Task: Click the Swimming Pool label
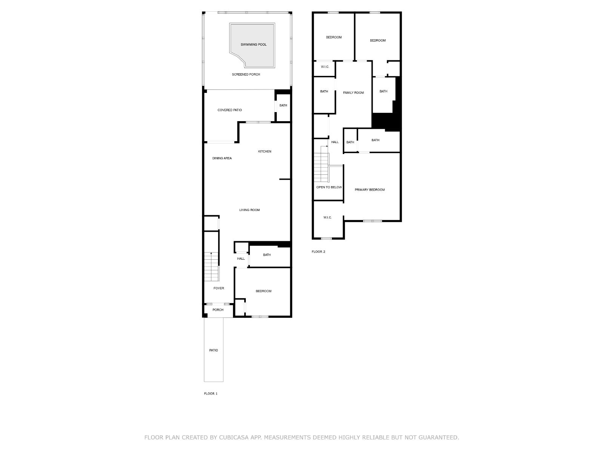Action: pos(253,45)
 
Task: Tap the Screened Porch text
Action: pos(246,74)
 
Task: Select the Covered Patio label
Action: pos(230,110)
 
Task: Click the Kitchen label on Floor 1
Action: pos(265,151)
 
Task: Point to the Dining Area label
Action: pos(222,158)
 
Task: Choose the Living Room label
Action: pos(250,210)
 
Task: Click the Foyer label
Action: pos(219,288)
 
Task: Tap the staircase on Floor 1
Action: pos(211,267)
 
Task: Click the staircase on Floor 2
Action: pos(321,164)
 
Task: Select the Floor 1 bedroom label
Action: pos(263,291)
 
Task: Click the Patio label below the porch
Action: pos(214,350)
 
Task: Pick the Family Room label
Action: pos(353,93)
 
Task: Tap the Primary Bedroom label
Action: pos(370,190)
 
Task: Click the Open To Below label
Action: pos(329,187)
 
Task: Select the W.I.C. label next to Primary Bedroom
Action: pos(327,217)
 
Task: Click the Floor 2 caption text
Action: pos(318,252)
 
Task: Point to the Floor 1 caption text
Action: pos(211,394)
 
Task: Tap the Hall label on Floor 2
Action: pos(335,142)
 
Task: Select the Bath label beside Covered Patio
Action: pos(283,106)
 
